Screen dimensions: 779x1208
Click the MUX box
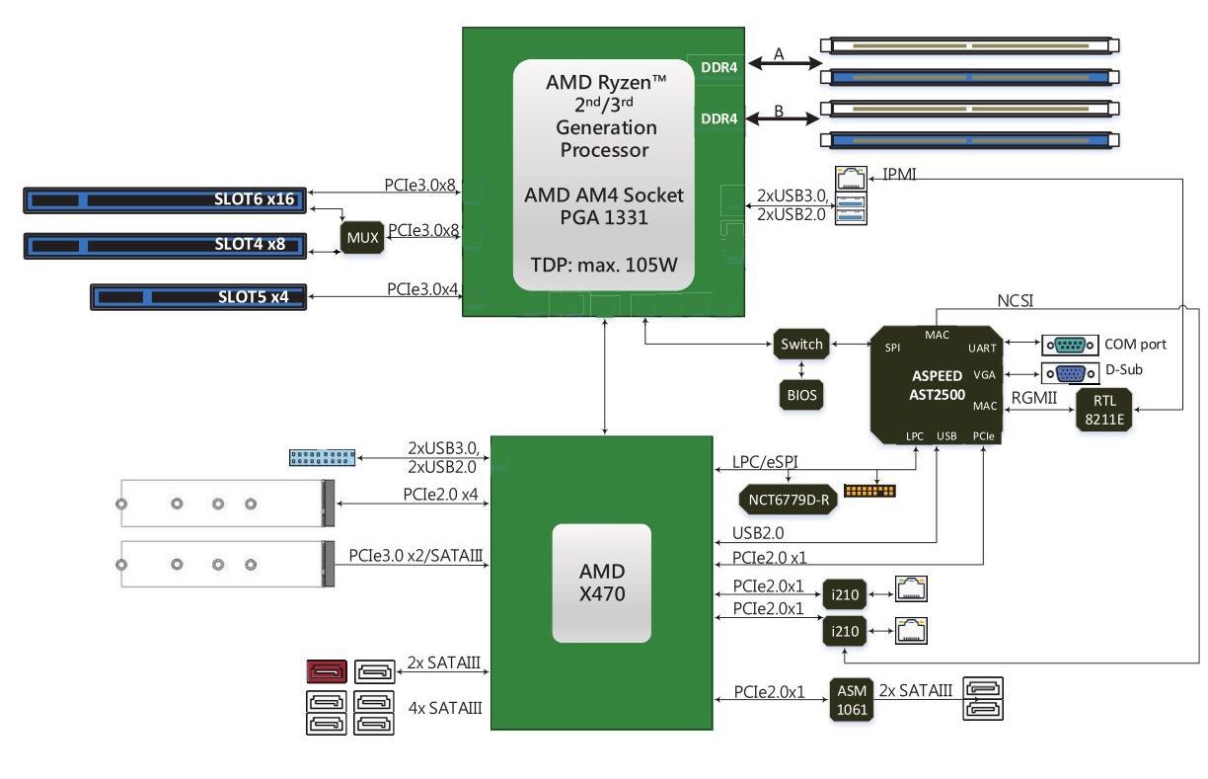point(362,238)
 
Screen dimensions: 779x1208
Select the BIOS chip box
point(800,395)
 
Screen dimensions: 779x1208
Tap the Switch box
point(800,345)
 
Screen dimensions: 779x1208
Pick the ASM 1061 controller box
point(851,701)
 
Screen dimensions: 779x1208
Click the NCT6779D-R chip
point(788,499)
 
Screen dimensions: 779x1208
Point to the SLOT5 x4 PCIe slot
point(198,295)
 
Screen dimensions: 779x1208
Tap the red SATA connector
point(326,672)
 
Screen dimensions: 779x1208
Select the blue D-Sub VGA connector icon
point(1070,374)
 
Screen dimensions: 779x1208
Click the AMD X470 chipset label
point(601,583)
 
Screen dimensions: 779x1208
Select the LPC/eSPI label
point(766,462)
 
